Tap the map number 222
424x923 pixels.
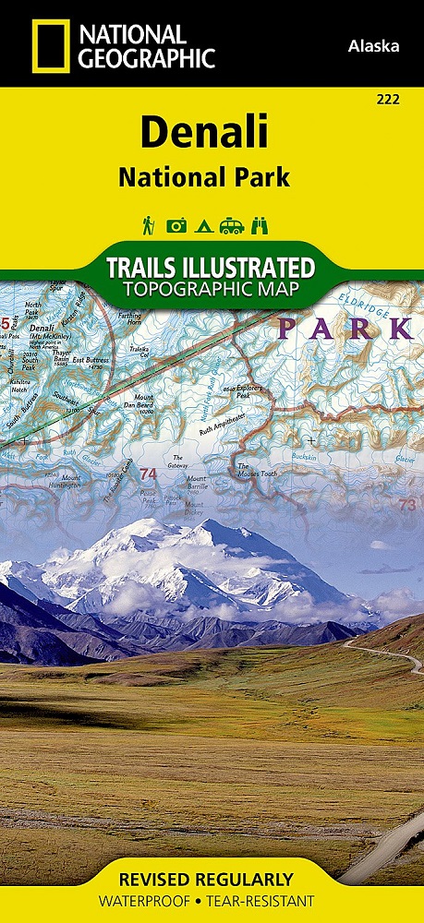(388, 99)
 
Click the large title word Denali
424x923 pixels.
(204, 132)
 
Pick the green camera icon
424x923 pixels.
(176, 225)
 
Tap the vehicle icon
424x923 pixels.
(231, 225)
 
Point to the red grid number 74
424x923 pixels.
(148, 473)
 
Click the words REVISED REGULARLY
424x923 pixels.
(212, 879)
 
